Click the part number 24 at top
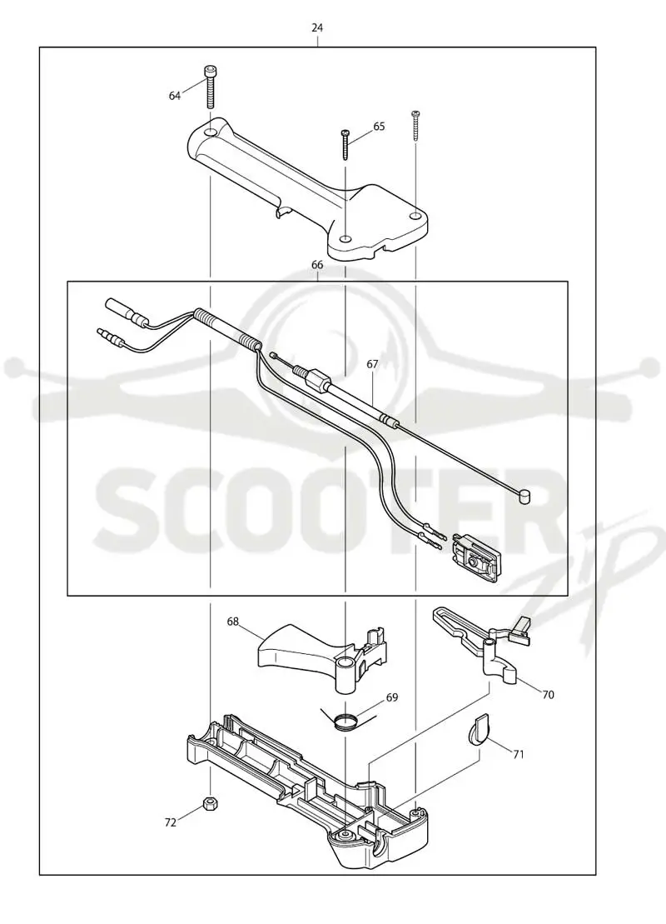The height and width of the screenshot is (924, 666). point(317,27)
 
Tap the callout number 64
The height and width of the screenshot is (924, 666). point(175,96)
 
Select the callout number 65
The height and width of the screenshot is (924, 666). point(379,126)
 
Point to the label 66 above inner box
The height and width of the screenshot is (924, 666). point(317,265)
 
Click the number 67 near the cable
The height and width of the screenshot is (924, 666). point(372,364)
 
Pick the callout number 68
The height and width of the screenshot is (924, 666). point(233,621)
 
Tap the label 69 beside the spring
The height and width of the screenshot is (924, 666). point(391,697)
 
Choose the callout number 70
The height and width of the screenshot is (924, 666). point(548,695)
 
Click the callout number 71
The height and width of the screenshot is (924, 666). point(518,754)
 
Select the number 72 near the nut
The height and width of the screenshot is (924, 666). point(170,822)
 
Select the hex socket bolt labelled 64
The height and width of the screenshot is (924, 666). point(211,86)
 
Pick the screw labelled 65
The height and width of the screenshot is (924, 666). point(345,144)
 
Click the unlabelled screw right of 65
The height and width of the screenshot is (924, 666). point(415,124)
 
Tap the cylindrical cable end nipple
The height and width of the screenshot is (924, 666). point(524,497)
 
